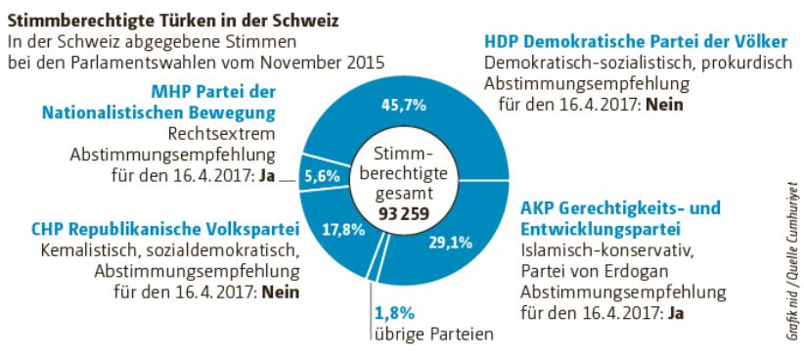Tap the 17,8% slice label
344,231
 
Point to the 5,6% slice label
320,177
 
